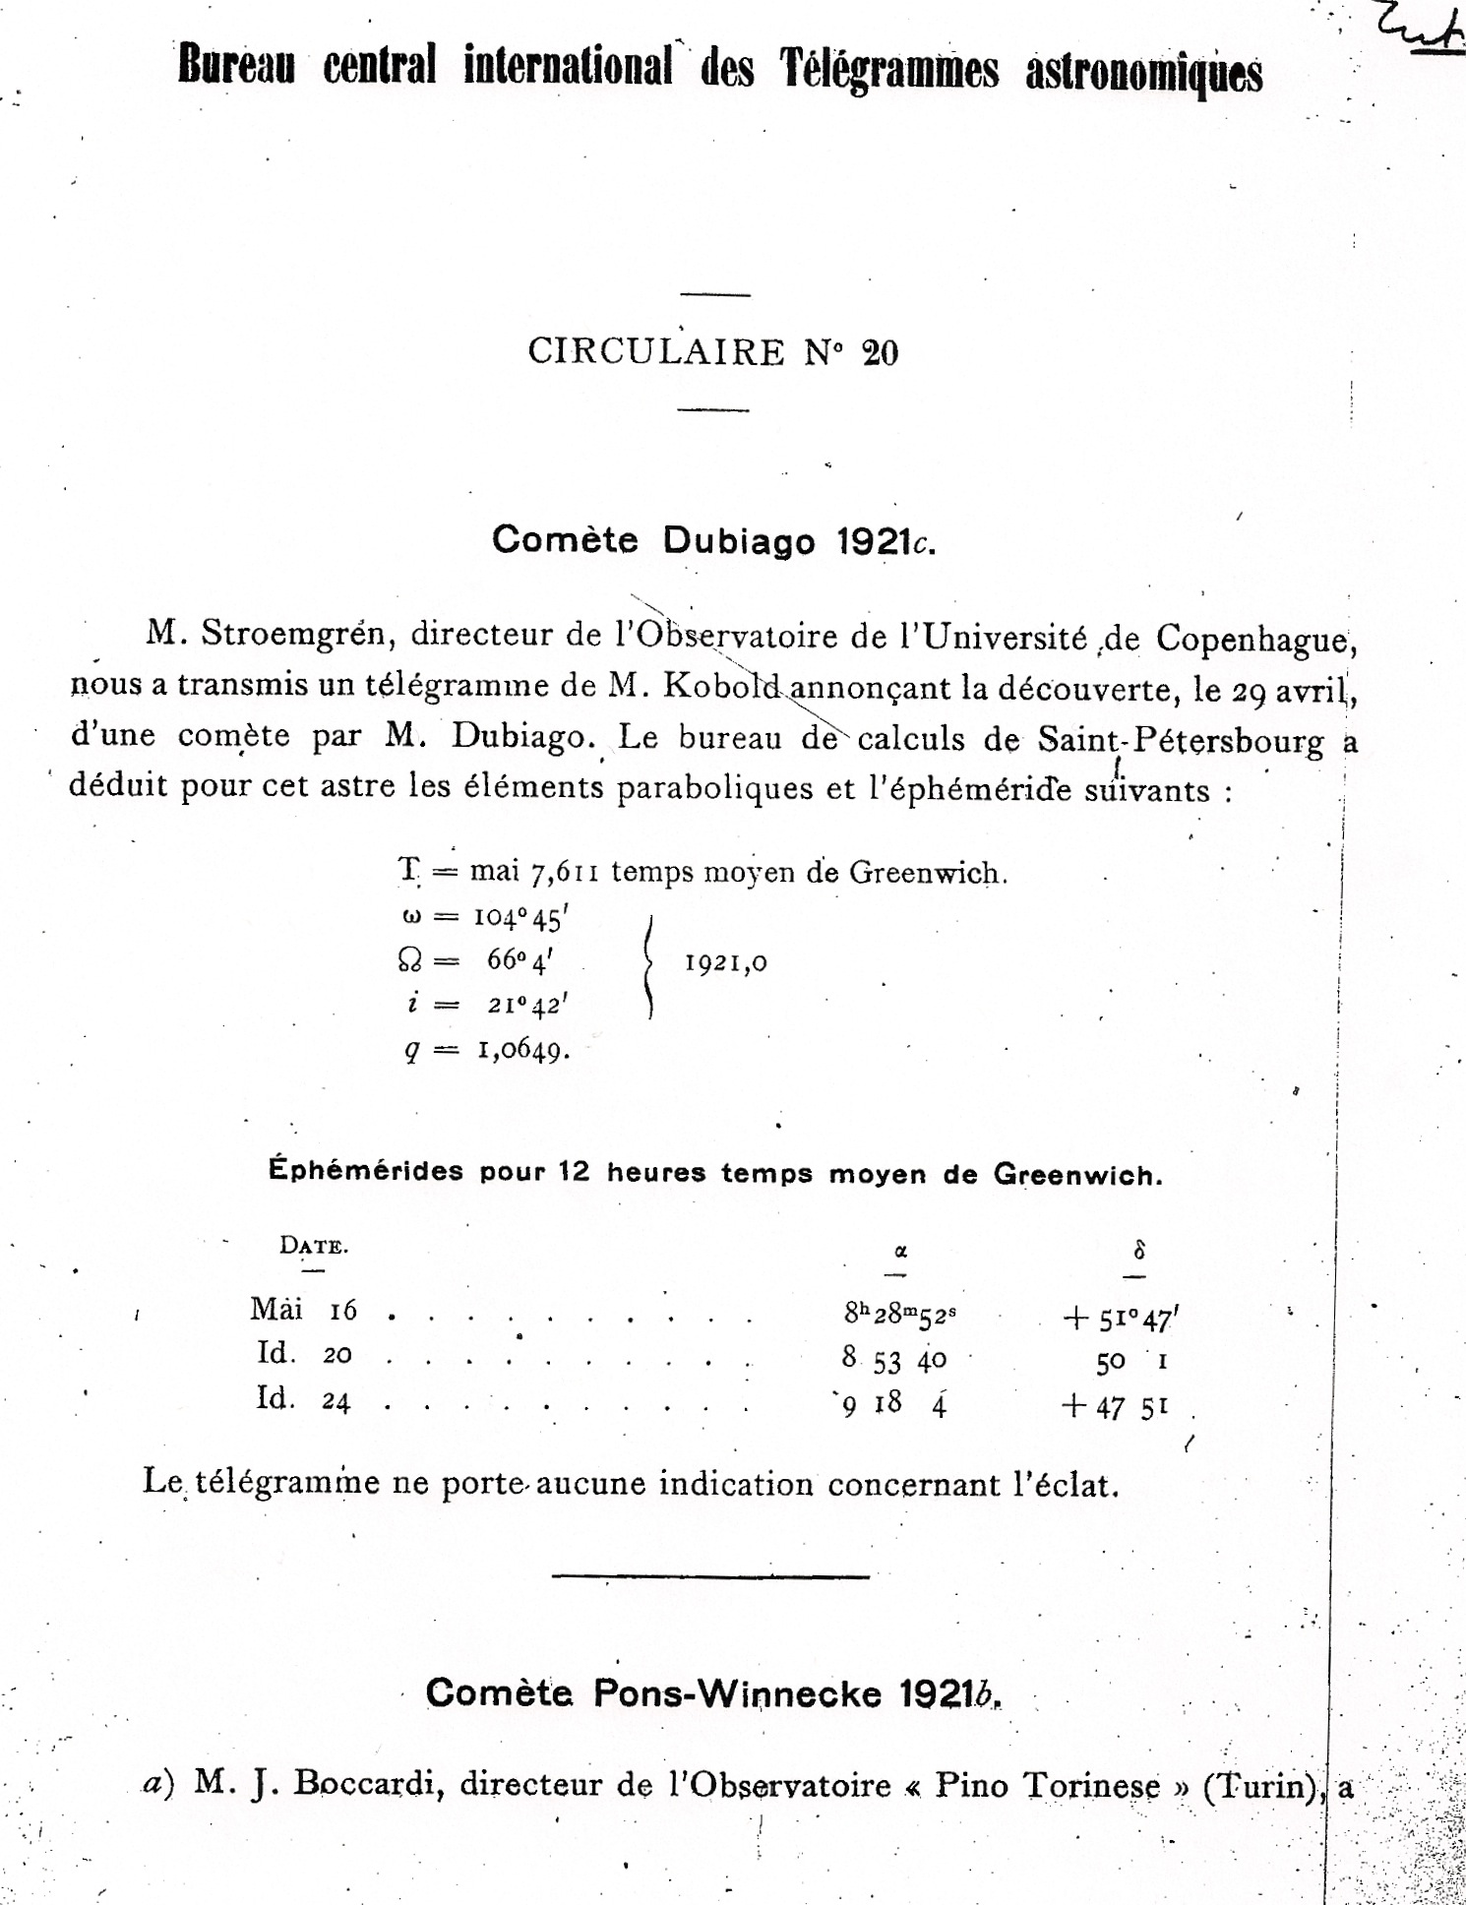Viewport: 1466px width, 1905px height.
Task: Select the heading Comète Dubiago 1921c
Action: click(x=713, y=540)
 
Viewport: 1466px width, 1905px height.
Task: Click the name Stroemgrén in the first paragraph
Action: click(x=297, y=635)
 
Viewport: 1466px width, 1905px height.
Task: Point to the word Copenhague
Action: click(x=1256, y=640)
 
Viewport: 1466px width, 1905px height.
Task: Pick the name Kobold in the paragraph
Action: click(x=722, y=687)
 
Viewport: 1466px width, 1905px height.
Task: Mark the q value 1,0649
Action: click(x=523, y=1050)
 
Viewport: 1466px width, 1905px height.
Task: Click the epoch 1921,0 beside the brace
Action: click(x=726, y=962)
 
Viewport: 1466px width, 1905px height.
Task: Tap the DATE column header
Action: click(x=313, y=1246)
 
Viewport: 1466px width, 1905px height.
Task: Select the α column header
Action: click(x=899, y=1252)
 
